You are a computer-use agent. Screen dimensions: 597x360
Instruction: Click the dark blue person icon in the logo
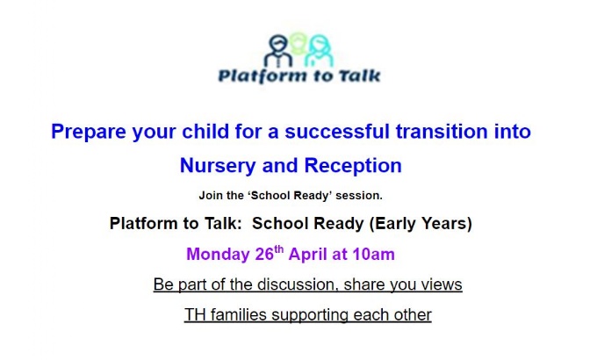[x=278, y=51]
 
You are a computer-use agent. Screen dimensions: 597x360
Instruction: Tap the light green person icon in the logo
[x=298, y=43]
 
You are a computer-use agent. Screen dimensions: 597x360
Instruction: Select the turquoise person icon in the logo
[x=319, y=51]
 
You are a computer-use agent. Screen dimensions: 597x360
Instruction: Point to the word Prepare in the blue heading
[x=89, y=133]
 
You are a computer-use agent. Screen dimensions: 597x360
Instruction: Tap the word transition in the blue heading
[x=442, y=131]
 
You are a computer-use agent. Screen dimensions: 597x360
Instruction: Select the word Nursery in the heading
[x=218, y=166]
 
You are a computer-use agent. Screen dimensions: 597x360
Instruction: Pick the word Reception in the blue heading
[x=353, y=166]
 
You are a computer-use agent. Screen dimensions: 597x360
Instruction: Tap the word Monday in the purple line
[x=218, y=254]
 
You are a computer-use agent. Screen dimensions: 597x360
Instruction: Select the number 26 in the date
[x=264, y=254]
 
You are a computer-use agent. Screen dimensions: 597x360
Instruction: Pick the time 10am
[x=373, y=254]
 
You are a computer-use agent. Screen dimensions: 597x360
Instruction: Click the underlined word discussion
[x=298, y=284]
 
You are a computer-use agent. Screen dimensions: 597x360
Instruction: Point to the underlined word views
[x=442, y=284]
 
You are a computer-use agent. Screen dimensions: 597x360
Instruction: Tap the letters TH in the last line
[x=195, y=315]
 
